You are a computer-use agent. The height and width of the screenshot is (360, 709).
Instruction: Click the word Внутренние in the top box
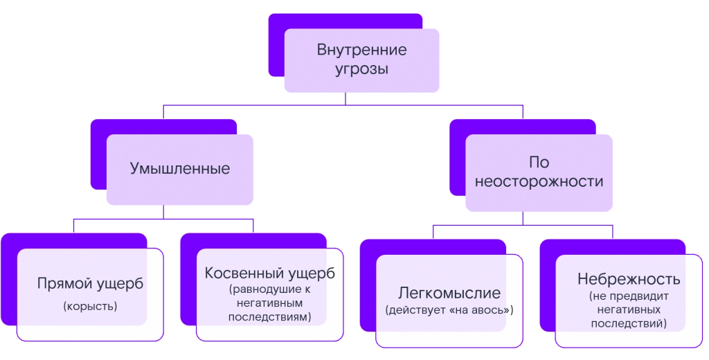click(x=361, y=51)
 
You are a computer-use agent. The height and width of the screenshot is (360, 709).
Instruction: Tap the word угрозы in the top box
click(x=361, y=70)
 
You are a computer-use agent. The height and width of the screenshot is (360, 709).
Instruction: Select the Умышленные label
click(x=180, y=168)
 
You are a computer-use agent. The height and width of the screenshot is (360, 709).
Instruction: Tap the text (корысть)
click(x=90, y=305)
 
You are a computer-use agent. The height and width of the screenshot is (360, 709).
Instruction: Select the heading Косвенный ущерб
click(x=269, y=273)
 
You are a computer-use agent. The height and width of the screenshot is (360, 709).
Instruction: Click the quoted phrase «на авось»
click(x=482, y=309)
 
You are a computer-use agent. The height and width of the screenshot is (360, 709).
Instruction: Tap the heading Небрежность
click(x=629, y=280)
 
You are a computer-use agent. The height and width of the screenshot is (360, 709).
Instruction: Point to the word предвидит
click(x=638, y=297)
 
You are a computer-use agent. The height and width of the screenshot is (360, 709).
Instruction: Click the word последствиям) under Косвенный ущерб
click(x=269, y=317)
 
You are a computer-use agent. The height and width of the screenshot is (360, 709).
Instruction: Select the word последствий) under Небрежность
click(x=629, y=323)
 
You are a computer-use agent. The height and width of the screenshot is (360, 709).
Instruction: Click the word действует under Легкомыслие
click(x=417, y=309)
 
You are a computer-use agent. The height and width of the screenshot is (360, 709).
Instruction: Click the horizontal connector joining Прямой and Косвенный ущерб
click(x=163, y=219)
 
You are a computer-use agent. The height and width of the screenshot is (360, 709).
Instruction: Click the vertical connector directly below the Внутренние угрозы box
click(x=345, y=99)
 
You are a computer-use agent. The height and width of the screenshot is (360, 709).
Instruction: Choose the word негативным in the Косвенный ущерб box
click(x=269, y=304)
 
